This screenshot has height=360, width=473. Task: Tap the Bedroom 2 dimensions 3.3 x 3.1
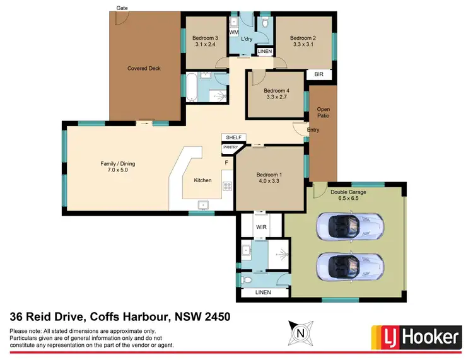click(303, 45)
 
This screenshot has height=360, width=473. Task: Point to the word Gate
click(122, 8)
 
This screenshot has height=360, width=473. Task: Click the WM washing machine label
click(233, 32)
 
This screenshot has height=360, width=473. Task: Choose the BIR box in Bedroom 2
click(318, 74)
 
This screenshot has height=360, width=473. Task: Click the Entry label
click(313, 130)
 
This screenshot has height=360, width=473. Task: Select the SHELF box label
click(233, 137)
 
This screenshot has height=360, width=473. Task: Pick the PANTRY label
click(230, 148)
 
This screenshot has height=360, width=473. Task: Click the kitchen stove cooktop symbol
click(226, 185)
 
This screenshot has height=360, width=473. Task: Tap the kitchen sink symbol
click(204, 204)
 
